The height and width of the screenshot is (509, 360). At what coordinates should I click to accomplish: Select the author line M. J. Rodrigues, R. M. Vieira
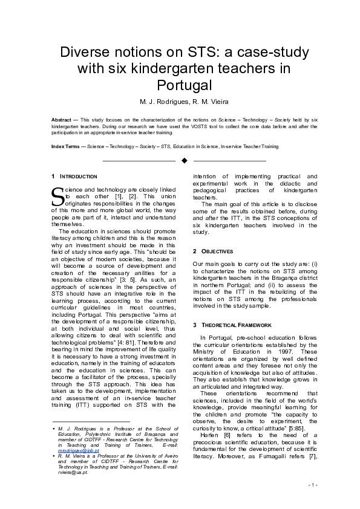tap(184, 100)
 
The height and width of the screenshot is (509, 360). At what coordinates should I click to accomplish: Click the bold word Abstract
tap(61, 120)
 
